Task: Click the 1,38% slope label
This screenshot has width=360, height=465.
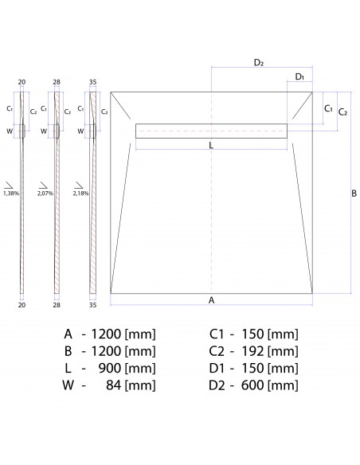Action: [11, 193]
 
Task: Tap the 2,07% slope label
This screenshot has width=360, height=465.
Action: [45, 193]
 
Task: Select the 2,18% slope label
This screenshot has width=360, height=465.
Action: [80, 193]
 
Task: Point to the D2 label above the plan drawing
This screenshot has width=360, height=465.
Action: [259, 62]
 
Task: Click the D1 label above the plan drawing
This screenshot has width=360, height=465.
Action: [299, 76]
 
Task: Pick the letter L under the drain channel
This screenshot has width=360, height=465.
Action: [210, 146]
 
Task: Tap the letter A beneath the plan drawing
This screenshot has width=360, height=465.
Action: [211, 300]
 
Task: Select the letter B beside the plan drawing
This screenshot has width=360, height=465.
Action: [354, 193]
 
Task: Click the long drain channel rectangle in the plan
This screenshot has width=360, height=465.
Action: [211, 131]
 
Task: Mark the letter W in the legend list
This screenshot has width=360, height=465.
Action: [69, 386]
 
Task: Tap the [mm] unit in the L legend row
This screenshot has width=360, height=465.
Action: [141, 369]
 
